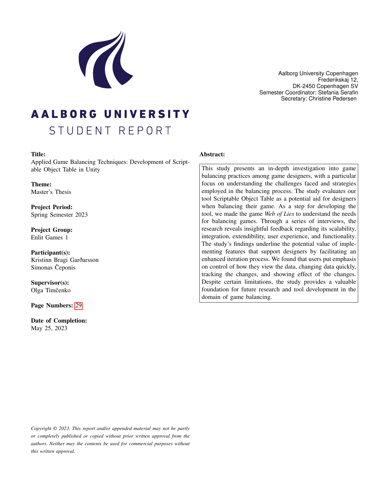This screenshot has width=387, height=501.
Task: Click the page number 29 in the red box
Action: pyautogui.click(x=78, y=306)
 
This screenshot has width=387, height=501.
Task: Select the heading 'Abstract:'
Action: pyautogui.click(x=212, y=154)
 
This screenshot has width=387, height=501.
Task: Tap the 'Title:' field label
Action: pyautogui.click(x=38, y=154)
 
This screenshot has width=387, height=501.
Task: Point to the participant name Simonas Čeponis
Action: pyautogui.click(x=53, y=268)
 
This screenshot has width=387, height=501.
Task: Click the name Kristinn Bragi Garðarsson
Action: pyautogui.click(x=65, y=260)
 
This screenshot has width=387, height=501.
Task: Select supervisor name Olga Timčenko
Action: pyautogui.click(x=51, y=290)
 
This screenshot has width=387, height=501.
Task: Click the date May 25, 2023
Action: pyautogui.click(x=49, y=328)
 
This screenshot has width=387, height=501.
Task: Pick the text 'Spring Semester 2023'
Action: pyautogui.click(x=59, y=215)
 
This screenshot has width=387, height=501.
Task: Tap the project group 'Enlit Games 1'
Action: pyautogui.click(x=49, y=238)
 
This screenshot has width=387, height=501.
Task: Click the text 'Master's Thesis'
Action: pyautogui.click(x=51, y=192)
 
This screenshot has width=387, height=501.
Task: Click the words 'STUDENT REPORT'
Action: pyautogui.click(x=110, y=131)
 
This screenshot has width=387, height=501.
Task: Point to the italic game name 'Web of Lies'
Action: pyautogui.click(x=279, y=214)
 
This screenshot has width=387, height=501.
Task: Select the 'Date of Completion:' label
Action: pyautogui.click(x=59, y=321)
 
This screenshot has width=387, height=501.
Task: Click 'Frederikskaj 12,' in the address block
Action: pyautogui.click(x=338, y=80)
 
